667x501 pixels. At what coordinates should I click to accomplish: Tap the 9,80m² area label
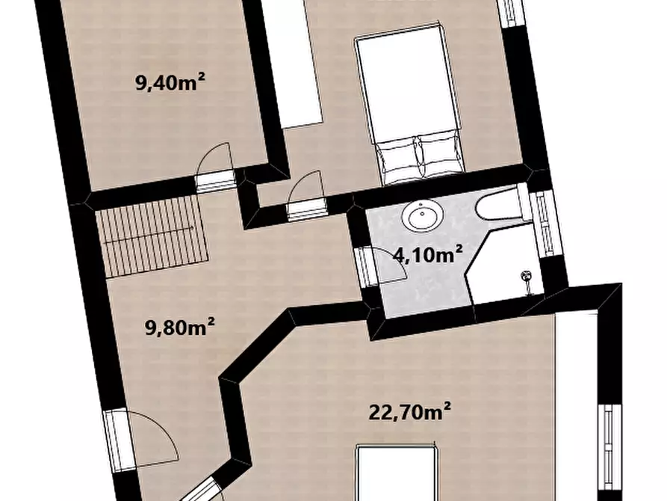[x=180, y=328]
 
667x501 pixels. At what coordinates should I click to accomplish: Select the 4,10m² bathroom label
[x=427, y=255]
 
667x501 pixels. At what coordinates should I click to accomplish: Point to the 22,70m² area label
[x=409, y=412]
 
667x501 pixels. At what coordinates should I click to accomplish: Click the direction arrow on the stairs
[x=149, y=236]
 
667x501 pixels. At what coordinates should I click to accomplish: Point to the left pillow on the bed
[x=396, y=159]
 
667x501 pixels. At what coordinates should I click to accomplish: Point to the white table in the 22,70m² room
[x=397, y=473]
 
